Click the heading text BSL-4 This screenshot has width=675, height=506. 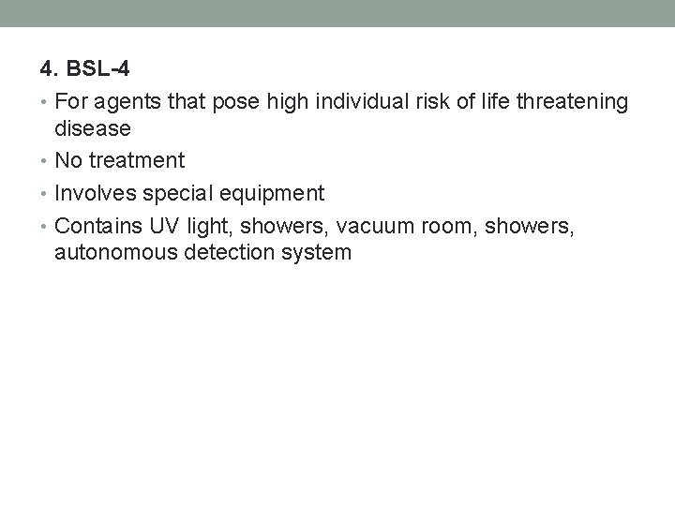(97, 69)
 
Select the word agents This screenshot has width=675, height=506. (124, 102)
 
